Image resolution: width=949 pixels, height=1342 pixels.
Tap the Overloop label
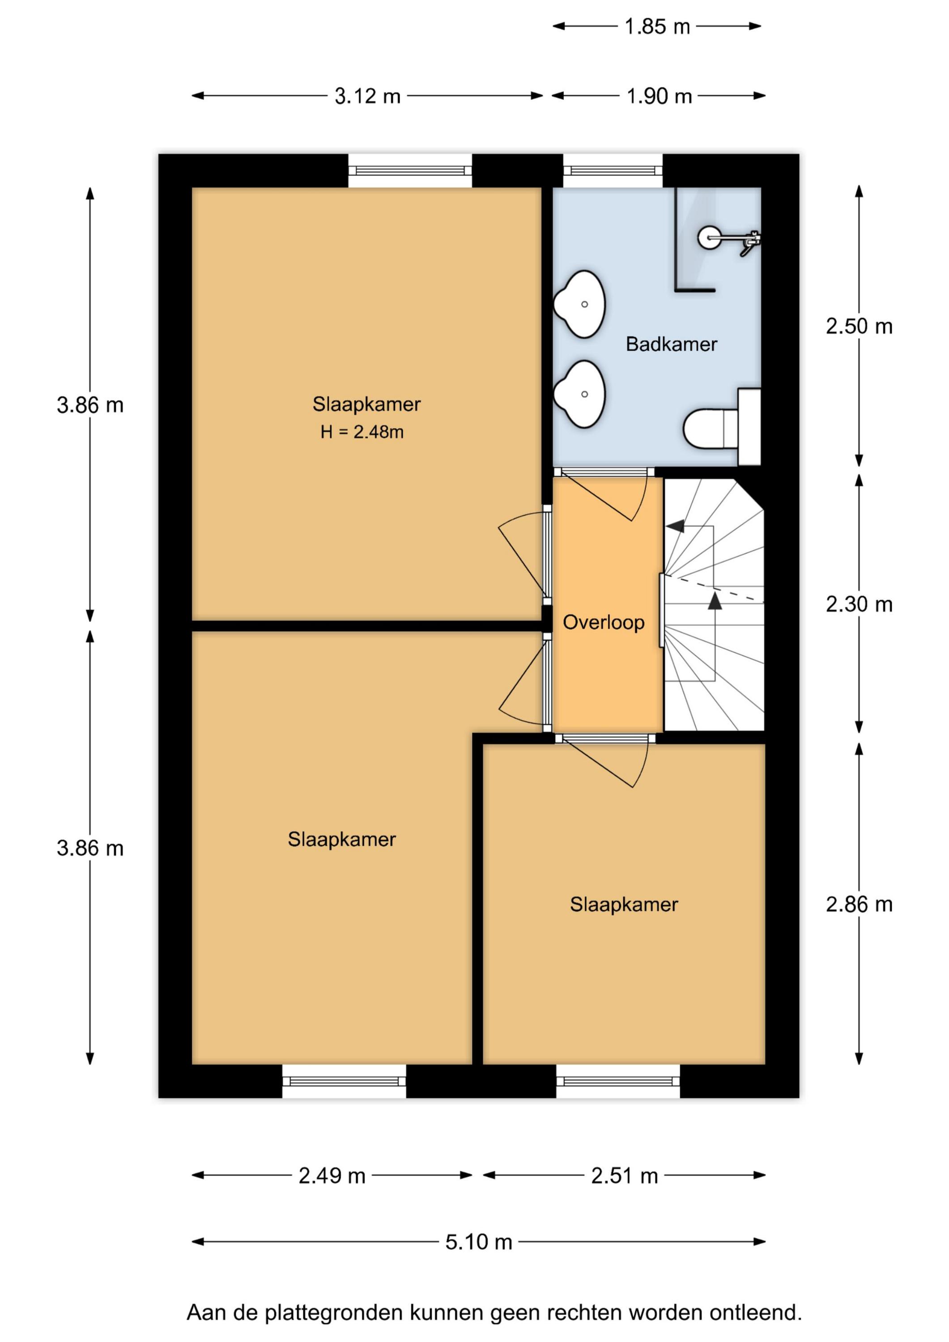click(604, 623)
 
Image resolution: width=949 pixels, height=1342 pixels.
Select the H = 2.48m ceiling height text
click(362, 432)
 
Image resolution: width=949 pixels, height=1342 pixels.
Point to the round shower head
click(711, 237)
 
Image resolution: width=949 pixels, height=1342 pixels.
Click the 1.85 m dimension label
click(657, 26)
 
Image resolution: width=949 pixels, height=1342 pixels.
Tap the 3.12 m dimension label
click(367, 96)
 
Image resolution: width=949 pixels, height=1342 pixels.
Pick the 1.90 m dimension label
click(659, 96)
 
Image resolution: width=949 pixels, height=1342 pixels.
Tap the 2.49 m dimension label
click(332, 1176)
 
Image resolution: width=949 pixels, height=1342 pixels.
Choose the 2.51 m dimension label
click(625, 1176)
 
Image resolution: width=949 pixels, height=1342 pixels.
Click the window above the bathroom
click(613, 171)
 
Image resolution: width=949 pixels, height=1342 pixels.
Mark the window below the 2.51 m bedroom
click(618, 1081)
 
